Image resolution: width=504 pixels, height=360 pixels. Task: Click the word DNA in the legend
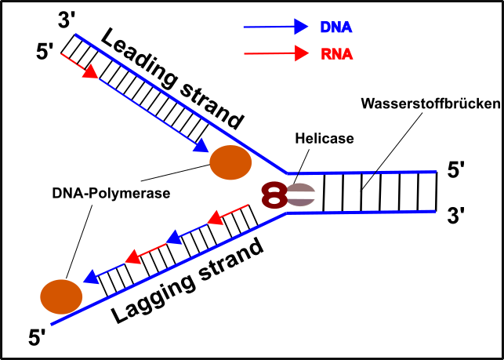335,27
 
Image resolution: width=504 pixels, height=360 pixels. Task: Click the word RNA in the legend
336,54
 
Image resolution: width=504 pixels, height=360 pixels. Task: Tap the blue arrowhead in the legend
301,27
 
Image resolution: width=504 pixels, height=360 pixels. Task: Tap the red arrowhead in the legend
302,53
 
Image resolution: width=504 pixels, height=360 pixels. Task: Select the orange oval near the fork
230,162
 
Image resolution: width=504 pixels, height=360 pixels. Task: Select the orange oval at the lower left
61,296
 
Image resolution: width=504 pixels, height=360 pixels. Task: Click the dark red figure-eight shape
274,195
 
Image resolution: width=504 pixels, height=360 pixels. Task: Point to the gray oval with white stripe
301,195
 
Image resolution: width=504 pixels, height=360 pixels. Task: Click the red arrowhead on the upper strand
90,71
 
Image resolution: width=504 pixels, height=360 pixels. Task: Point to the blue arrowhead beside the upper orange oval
201,145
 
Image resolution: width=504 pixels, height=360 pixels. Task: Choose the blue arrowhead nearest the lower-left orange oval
91,276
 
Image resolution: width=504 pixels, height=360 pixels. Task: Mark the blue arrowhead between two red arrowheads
174,237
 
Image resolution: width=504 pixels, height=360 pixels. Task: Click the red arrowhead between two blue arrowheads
133,256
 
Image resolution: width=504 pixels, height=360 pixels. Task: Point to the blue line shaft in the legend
267,27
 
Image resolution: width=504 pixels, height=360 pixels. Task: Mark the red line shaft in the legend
267,53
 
